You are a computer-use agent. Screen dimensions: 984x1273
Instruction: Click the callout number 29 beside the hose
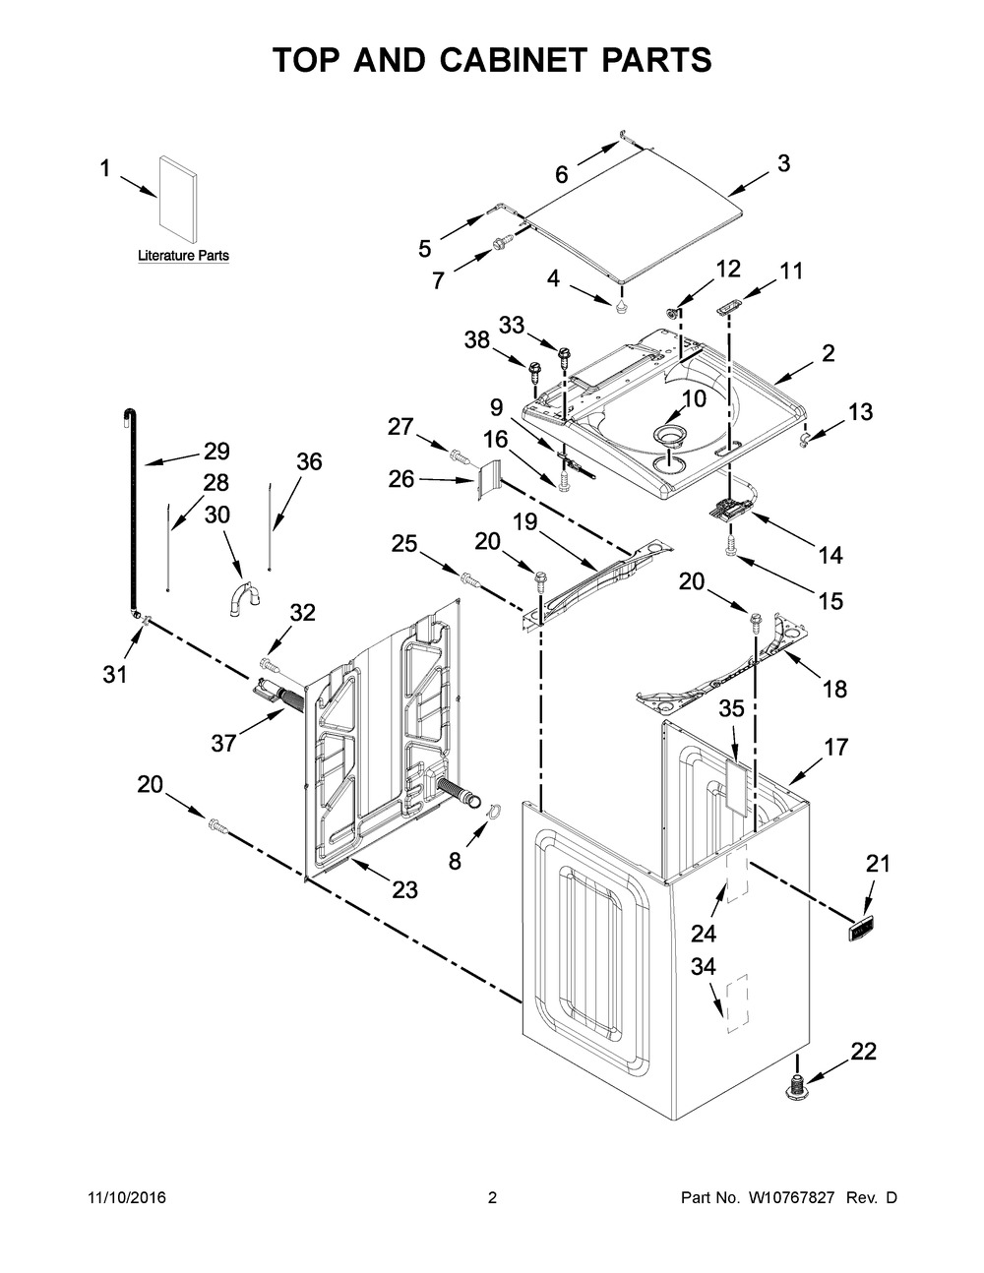[216, 452]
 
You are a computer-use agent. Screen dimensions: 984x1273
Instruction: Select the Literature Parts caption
[183, 256]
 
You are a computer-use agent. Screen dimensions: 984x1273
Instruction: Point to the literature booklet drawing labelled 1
[178, 198]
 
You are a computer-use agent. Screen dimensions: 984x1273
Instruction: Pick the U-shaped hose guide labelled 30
[244, 598]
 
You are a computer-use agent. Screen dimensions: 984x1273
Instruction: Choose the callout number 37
[223, 744]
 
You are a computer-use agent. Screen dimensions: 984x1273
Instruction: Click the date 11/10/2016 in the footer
[127, 1197]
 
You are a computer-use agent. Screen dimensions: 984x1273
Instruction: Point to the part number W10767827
[789, 1197]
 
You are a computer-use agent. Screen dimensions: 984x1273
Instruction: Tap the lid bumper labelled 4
[621, 306]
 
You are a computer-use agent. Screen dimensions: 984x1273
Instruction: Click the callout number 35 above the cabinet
[731, 708]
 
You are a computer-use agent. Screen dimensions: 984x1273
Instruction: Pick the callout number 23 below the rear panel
[404, 890]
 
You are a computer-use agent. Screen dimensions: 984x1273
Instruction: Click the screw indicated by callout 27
[460, 455]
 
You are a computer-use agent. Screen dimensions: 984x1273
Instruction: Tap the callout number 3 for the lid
[783, 163]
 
